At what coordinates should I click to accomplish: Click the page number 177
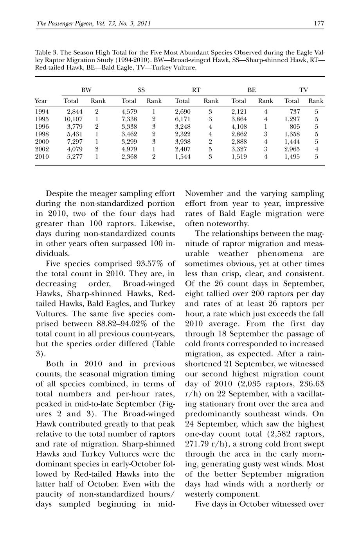coord(319,23)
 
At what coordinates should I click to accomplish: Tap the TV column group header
coord(304,90)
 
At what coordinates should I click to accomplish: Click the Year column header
coord(41,101)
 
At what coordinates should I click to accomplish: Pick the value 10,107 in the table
coord(73,119)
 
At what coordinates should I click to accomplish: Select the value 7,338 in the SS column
coord(130,119)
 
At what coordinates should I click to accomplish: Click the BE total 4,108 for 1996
coord(239,126)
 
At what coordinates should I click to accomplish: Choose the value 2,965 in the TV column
coord(292,149)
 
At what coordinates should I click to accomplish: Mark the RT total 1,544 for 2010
coord(183,157)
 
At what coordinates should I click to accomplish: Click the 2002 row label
coord(42,149)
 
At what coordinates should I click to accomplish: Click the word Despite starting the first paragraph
coord(60,193)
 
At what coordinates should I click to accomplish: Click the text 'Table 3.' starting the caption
coord(47,52)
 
